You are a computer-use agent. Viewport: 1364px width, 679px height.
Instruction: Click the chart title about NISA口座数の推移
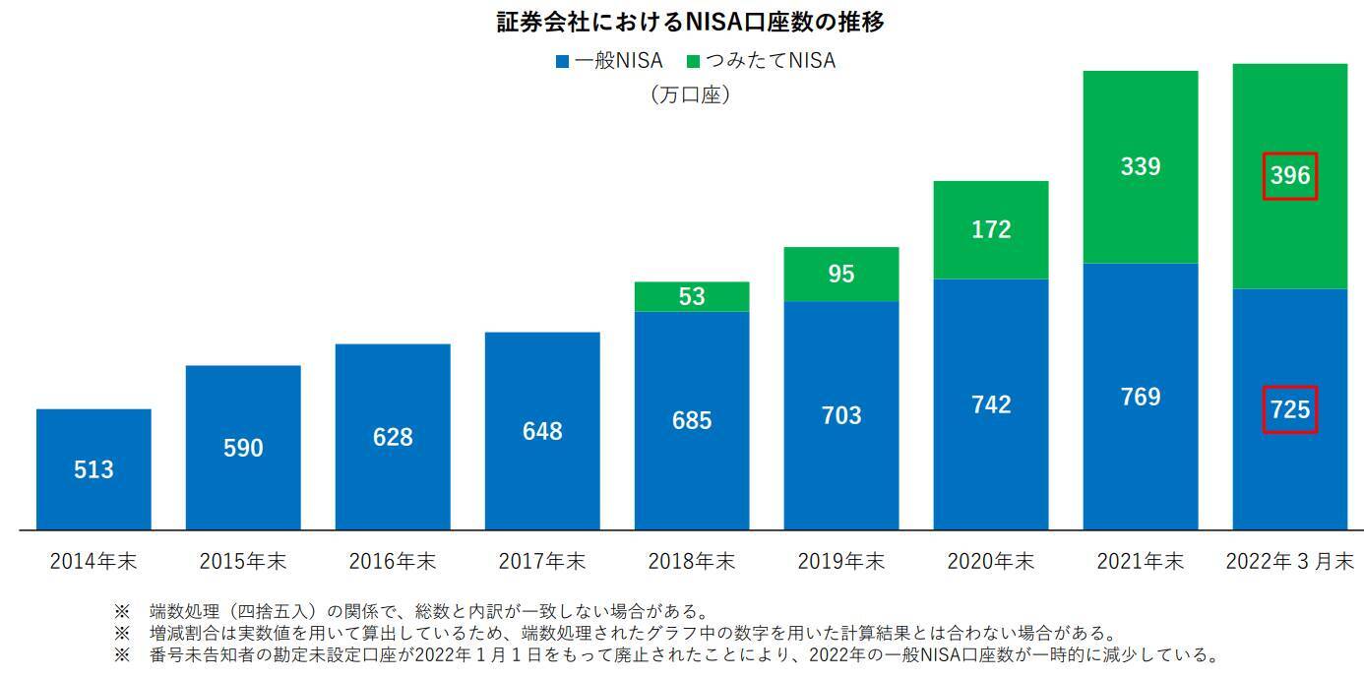690,22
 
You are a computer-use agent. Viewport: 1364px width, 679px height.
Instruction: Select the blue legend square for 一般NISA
562,61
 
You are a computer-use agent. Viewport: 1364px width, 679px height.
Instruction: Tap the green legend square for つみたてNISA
693,61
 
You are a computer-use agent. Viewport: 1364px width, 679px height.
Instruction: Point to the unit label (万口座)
690,95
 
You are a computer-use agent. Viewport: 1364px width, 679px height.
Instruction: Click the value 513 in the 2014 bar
93,470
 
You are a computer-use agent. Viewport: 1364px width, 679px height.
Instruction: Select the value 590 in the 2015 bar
243,449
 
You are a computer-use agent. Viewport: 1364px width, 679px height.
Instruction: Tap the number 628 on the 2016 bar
393,437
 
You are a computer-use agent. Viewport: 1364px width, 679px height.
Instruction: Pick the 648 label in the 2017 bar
542,431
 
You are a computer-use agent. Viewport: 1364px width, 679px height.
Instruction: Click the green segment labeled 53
692,296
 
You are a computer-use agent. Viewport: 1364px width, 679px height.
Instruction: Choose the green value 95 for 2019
841,275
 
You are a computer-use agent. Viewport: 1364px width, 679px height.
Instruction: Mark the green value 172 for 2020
991,230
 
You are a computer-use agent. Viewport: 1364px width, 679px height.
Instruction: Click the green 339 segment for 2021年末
1141,166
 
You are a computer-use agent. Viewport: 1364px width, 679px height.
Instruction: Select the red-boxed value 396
1290,175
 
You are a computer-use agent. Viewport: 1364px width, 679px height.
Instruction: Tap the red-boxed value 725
1290,409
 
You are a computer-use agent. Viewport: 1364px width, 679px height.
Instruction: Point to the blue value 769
1141,398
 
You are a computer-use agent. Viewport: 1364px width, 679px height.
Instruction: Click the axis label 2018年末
692,562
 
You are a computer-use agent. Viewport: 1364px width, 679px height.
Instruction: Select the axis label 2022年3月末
1290,562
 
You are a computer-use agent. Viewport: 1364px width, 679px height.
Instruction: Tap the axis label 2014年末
93,562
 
